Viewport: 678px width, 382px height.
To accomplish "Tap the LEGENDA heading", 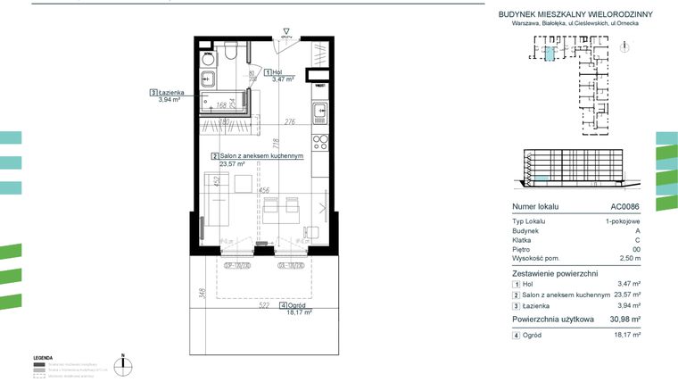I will pyautogui.click(x=43, y=355).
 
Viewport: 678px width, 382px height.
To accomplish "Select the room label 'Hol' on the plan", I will pyautogui.click(x=277, y=71).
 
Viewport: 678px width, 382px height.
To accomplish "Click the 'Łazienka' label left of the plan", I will pyautogui.click(x=169, y=91).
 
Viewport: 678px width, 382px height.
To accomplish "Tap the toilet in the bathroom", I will pyautogui.click(x=229, y=54).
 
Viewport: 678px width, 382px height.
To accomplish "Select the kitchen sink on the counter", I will pyautogui.click(x=319, y=112).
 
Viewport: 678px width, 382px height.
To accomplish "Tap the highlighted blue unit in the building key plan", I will pyautogui.click(x=550, y=54).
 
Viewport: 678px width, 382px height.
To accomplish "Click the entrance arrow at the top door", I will pyautogui.click(x=286, y=35).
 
